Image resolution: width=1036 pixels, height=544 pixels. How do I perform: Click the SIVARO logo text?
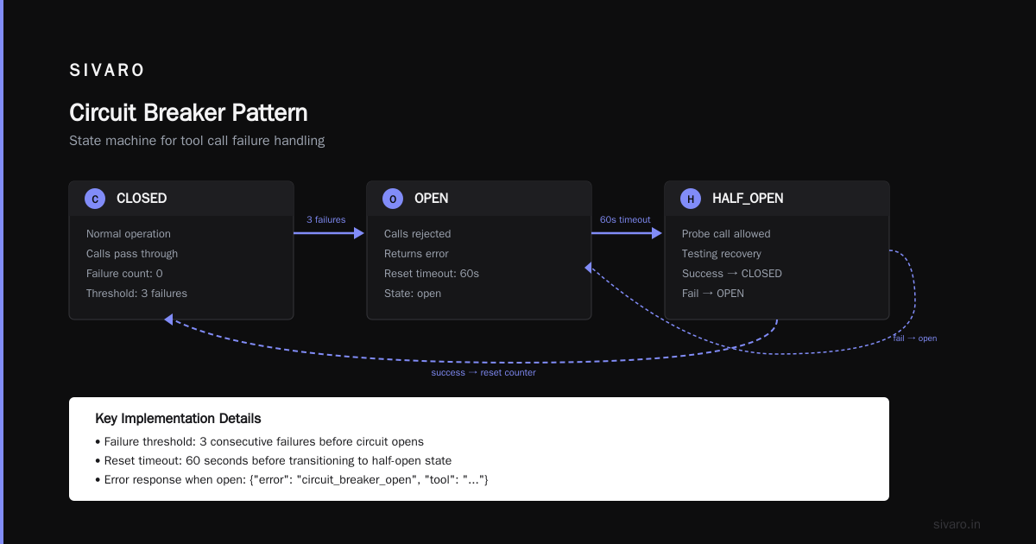pyautogui.click(x=106, y=70)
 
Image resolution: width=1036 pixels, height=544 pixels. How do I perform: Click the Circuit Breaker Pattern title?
pyautogui.click(x=188, y=112)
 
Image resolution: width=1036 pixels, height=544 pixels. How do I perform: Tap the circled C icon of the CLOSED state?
pyautogui.click(x=95, y=199)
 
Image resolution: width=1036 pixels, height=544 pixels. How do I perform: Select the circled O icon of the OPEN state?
pyautogui.click(x=393, y=199)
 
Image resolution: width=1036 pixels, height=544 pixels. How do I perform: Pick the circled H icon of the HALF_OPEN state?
pyautogui.click(x=691, y=199)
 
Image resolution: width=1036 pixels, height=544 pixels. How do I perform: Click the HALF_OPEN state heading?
pyautogui.click(x=748, y=199)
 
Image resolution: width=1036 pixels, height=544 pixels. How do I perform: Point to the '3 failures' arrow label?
pyautogui.click(x=326, y=219)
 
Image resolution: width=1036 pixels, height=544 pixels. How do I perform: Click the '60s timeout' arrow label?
pyautogui.click(x=625, y=219)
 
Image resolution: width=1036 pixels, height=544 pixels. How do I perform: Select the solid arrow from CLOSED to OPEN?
pyautogui.click(x=329, y=233)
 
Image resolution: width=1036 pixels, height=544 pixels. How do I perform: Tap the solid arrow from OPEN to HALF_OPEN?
pyautogui.click(x=627, y=233)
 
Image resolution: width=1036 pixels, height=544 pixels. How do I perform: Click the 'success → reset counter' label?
pyautogui.click(x=483, y=373)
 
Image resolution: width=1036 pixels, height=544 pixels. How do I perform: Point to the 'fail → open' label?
pyautogui.click(x=915, y=338)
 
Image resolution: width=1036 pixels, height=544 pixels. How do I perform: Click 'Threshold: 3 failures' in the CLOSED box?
pyautogui.click(x=136, y=294)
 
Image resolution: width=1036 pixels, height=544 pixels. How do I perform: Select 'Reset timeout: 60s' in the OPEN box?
pyautogui.click(x=431, y=274)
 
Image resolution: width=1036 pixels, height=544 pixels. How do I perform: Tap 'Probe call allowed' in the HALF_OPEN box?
pyautogui.click(x=726, y=234)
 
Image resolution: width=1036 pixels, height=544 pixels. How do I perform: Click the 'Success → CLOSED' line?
pyautogui.click(x=732, y=274)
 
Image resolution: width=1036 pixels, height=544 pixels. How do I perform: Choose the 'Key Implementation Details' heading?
pyautogui.click(x=178, y=418)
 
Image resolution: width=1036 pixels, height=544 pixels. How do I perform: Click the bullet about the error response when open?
pyautogui.click(x=292, y=480)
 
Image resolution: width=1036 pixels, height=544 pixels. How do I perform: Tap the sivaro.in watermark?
pyautogui.click(x=957, y=524)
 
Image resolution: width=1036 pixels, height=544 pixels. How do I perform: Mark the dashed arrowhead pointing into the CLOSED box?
pyautogui.click(x=169, y=319)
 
